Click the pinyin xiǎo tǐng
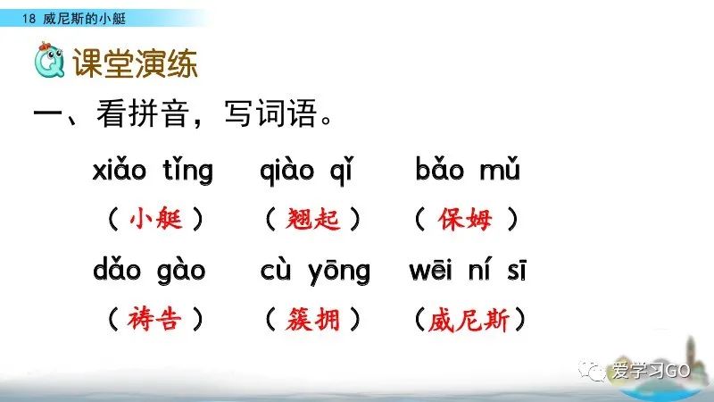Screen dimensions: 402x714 [153, 170]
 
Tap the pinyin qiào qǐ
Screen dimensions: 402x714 [312, 170]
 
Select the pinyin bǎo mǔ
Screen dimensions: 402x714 [467, 170]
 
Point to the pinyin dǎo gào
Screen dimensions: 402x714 [149, 269]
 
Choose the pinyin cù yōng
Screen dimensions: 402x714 [315, 269]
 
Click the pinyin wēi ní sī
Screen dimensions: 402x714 [467, 269]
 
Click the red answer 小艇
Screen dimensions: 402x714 [154, 219]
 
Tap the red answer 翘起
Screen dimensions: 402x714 [313, 219]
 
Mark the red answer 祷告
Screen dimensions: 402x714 [154, 318]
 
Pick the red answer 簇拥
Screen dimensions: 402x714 [313, 318]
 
